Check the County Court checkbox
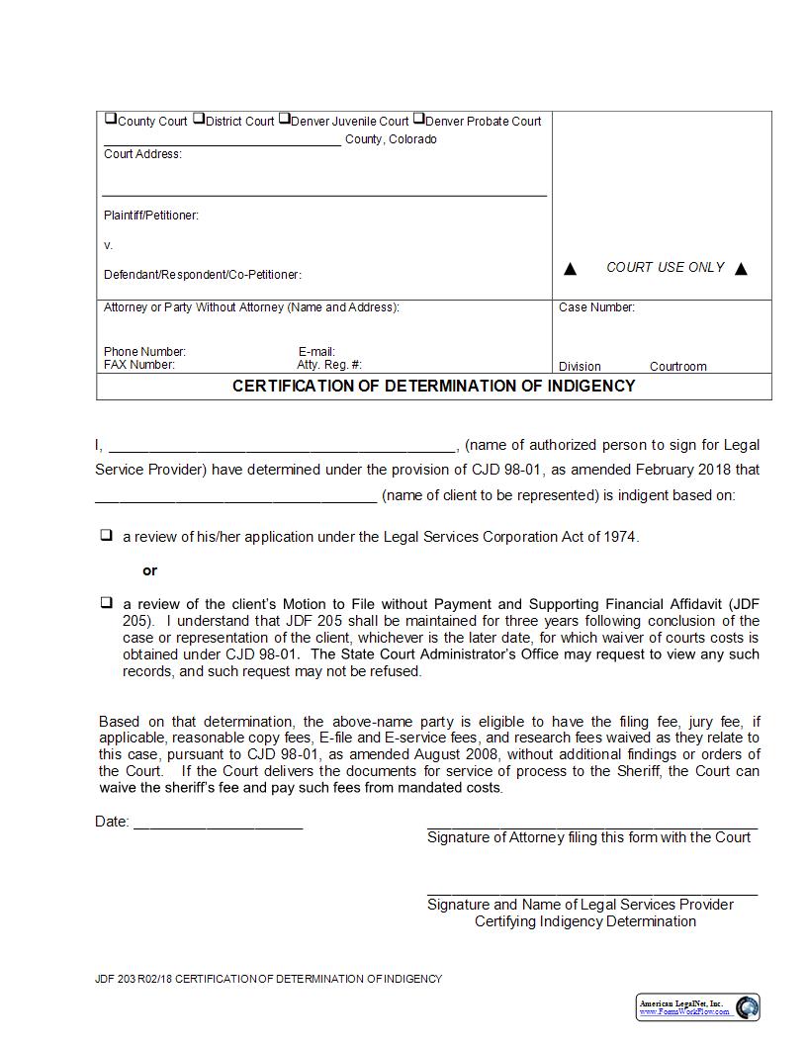pyautogui.click(x=110, y=119)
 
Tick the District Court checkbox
pyautogui.click(x=198, y=119)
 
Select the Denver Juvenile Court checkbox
pyautogui.click(x=284, y=119)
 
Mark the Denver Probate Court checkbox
pyautogui.click(x=418, y=119)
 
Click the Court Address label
pyautogui.click(x=142, y=154)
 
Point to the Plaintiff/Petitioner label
pyautogui.click(x=151, y=216)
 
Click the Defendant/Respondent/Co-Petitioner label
pyautogui.click(x=203, y=275)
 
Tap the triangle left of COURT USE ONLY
pyautogui.click(x=570, y=269)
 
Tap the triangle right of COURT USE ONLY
pyautogui.click(x=742, y=269)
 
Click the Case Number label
pyautogui.click(x=596, y=307)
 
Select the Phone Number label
pyautogui.click(x=144, y=352)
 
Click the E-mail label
pyautogui.click(x=316, y=352)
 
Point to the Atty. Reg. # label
pyautogui.click(x=329, y=365)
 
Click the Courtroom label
pyautogui.click(x=677, y=367)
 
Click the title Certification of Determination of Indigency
pyautogui.click(x=433, y=386)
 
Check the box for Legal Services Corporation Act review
pyautogui.click(x=106, y=536)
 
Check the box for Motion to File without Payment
pyautogui.click(x=106, y=602)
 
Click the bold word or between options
pyautogui.click(x=150, y=570)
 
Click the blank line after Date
pyautogui.click(x=218, y=822)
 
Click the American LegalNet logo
pyautogui.click(x=698, y=1007)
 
